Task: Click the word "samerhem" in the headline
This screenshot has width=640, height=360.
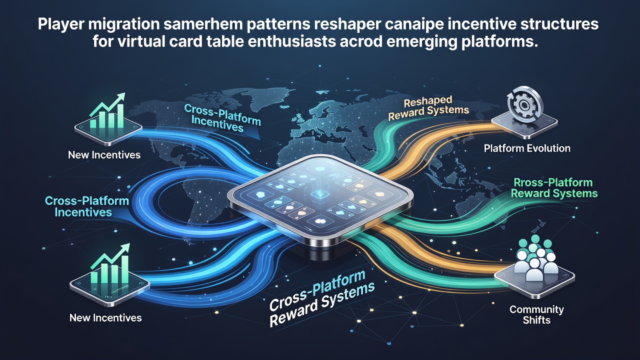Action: coord(204,24)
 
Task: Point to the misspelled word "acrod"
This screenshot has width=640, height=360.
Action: coord(362,41)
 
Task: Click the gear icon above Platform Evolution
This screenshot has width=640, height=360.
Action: coord(525,105)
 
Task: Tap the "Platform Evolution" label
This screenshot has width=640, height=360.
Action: coord(527,148)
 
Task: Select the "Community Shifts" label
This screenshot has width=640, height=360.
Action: coord(536,314)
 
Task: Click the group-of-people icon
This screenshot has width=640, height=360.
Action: coord(534,257)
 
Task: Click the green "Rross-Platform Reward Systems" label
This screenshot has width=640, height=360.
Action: coord(554,188)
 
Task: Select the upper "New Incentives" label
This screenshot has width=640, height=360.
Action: coord(104,155)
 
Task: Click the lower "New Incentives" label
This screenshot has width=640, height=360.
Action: coord(105,317)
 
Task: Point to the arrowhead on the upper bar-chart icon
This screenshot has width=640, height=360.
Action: coord(121,97)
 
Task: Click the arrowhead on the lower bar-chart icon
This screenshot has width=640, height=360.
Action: coord(125,248)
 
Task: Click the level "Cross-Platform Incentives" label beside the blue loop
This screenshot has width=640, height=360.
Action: coord(87,206)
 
